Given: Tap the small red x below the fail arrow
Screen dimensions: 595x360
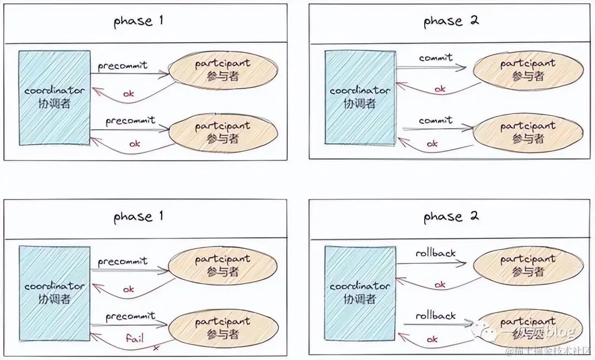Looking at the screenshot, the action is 156,348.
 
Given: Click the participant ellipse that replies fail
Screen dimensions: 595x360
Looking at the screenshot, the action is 223,328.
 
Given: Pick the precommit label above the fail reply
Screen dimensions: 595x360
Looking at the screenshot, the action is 130,316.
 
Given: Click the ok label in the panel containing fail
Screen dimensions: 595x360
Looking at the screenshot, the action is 129,290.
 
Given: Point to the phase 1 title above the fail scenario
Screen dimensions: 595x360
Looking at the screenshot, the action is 138,217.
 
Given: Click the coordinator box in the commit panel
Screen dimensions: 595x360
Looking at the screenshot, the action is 360,97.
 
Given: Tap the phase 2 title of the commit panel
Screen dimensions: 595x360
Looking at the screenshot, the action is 451,21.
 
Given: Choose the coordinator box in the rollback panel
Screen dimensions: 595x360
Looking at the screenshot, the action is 360,292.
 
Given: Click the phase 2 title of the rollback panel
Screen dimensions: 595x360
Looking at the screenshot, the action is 451,217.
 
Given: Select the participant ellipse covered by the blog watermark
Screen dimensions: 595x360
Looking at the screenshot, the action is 528,328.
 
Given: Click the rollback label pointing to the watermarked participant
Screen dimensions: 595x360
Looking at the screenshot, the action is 435,315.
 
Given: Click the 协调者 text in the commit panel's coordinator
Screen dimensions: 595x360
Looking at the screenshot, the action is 360,103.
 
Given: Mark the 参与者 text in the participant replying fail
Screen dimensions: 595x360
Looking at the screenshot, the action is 223,334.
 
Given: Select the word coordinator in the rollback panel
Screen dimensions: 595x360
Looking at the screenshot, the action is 360,286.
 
